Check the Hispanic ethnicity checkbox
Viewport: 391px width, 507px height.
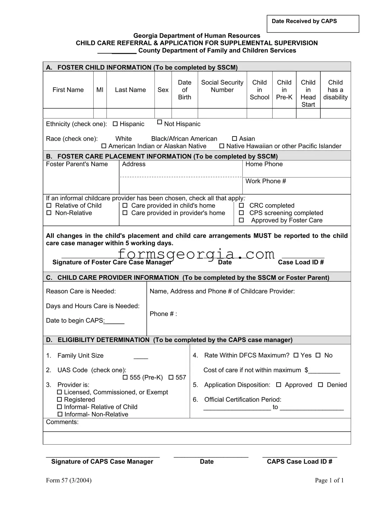115,124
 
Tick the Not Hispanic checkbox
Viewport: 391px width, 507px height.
160,122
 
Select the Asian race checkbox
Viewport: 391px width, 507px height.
235,139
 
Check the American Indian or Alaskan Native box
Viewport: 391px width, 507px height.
104,146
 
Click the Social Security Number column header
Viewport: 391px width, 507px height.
222,86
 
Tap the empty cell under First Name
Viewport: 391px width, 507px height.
68,113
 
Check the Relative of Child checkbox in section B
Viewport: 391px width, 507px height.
49,206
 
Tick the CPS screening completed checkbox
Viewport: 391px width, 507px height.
241,213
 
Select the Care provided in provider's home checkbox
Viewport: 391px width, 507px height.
125,213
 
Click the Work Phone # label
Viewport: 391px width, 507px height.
266,181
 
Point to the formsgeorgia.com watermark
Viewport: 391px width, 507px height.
196,254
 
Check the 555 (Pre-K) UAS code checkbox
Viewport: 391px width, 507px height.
125,378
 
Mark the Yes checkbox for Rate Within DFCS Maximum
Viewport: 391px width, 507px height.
296,355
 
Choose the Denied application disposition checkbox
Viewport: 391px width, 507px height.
320,385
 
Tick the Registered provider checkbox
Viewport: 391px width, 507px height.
60,399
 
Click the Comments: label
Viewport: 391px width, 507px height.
62,422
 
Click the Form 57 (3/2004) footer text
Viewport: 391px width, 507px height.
69,480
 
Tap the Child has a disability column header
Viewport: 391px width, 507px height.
335,90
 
